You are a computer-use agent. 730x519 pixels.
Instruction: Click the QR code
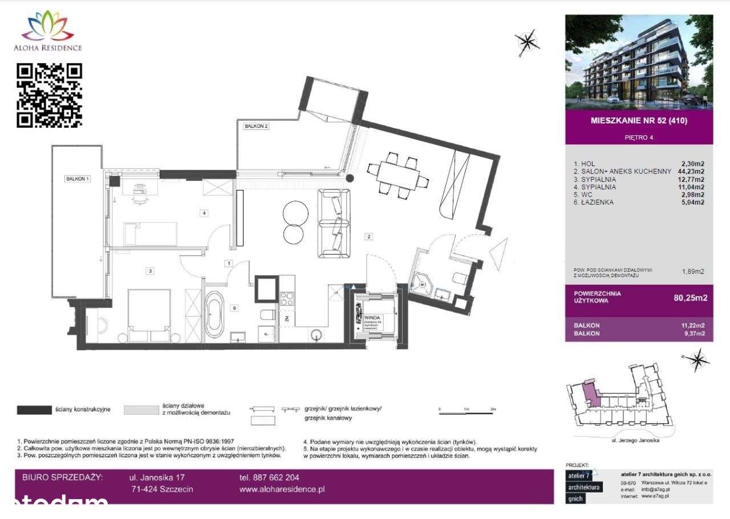click(49, 95)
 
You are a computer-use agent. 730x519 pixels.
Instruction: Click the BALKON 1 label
click(78, 179)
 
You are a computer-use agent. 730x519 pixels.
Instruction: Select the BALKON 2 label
click(255, 127)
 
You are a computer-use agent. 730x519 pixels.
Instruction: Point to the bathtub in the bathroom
click(215, 314)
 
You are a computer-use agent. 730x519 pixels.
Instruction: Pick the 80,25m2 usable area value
click(691, 297)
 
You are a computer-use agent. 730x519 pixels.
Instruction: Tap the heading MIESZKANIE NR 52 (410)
click(639, 121)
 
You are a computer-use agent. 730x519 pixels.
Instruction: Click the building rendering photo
click(639, 62)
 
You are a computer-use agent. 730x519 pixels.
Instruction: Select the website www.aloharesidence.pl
click(282, 489)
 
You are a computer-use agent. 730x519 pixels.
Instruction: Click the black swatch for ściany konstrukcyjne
click(34, 409)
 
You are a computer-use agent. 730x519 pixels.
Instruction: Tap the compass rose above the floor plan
click(526, 40)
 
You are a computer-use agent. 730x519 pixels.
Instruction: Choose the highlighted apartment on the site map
click(591, 394)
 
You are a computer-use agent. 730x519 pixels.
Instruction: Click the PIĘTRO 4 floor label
click(639, 137)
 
